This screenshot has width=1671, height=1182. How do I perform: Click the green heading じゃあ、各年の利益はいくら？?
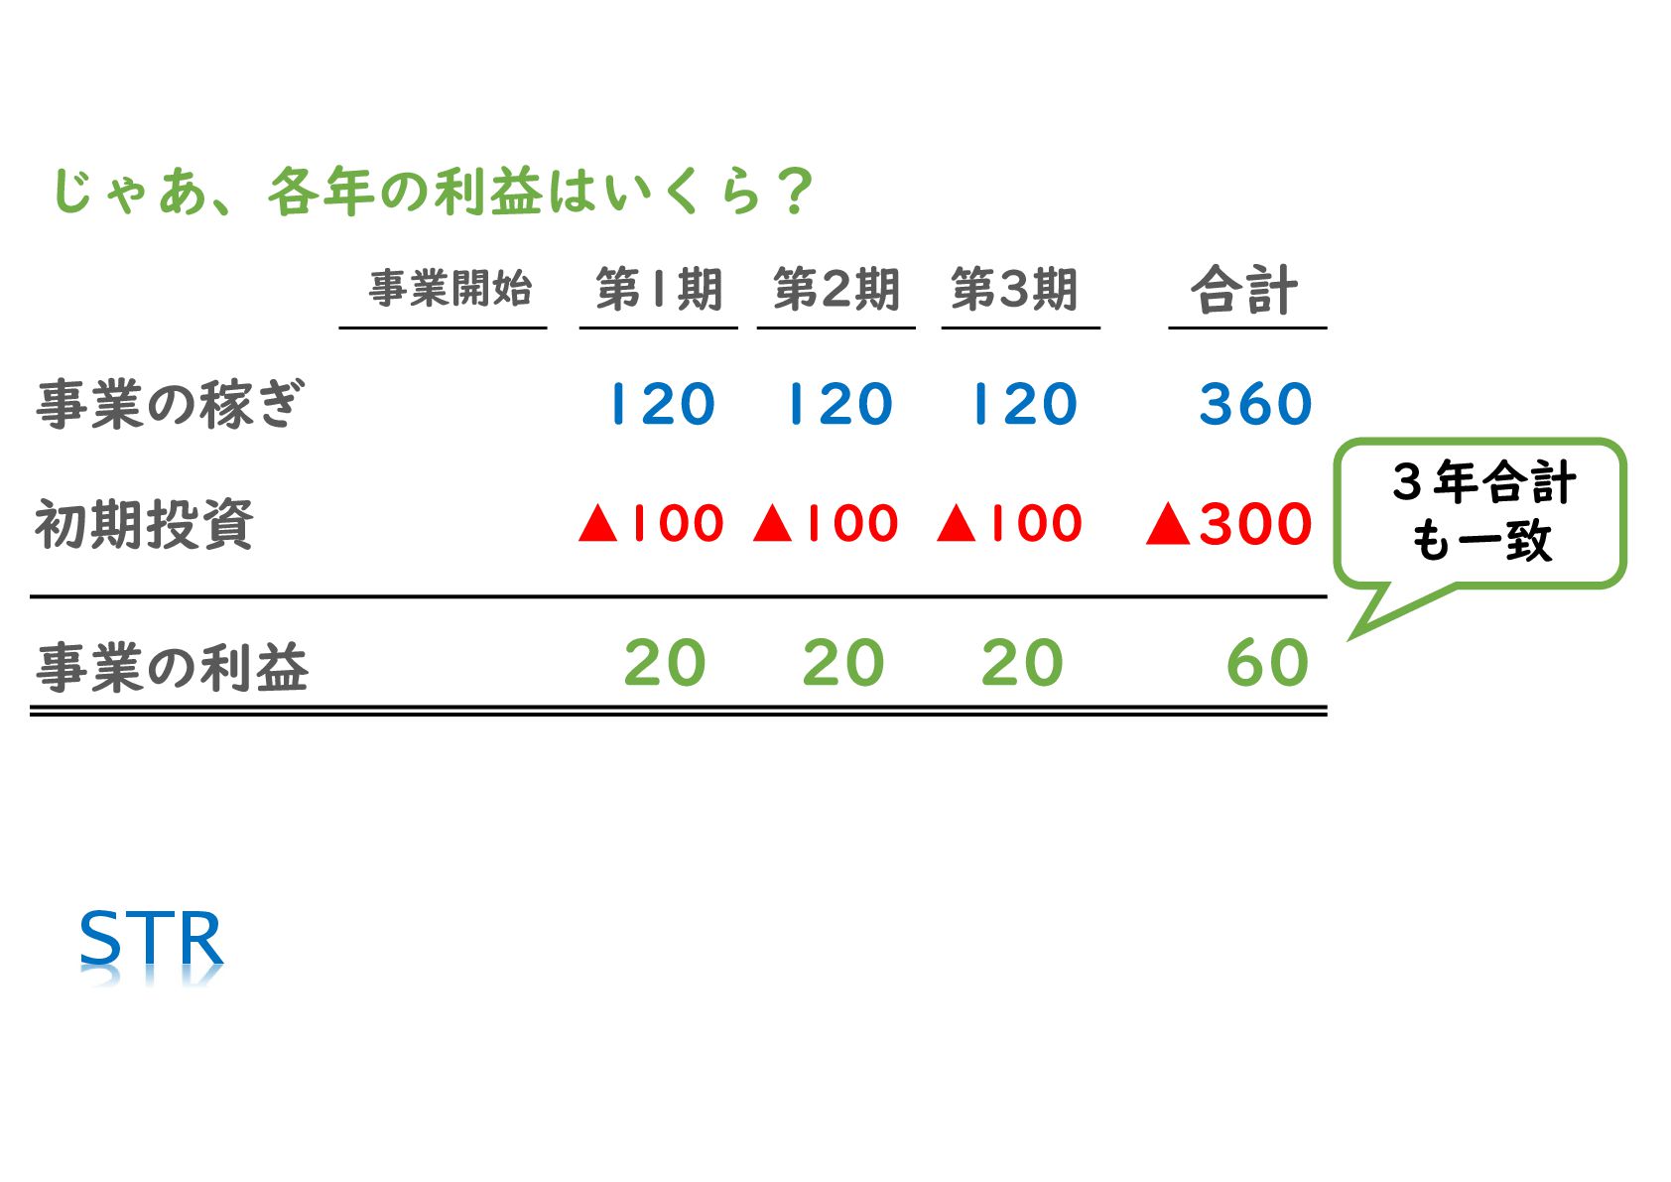(x=433, y=191)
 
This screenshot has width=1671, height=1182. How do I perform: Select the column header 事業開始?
(x=450, y=289)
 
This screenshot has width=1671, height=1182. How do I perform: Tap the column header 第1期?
(x=658, y=290)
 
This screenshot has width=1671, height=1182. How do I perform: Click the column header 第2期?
(x=835, y=290)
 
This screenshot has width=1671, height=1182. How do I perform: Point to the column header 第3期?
(x=1014, y=290)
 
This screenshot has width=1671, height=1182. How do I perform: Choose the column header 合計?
(x=1244, y=290)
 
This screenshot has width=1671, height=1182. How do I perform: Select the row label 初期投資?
(x=145, y=524)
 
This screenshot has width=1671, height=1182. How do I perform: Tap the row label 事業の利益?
(x=173, y=667)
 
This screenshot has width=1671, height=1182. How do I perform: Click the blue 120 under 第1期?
(x=662, y=404)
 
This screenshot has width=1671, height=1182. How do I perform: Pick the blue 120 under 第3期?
(x=1024, y=404)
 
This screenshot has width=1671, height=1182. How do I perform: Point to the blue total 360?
(x=1255, y=404)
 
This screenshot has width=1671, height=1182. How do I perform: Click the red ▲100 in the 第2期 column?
(x=826, y=523)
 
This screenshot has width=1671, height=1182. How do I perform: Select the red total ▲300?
(x=1228, y=523)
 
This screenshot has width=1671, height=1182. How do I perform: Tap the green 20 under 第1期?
(x=664, y=663)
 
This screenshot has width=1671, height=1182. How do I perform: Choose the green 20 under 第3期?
(x=1022, y=663)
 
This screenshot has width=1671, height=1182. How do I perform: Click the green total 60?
(x=1267, y=663)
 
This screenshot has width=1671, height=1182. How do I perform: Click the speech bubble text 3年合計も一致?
(x=1482, y=511)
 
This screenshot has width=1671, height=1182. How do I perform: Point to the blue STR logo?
(x=151, y=939)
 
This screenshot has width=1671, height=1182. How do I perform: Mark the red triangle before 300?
(x=1168, y=524)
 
